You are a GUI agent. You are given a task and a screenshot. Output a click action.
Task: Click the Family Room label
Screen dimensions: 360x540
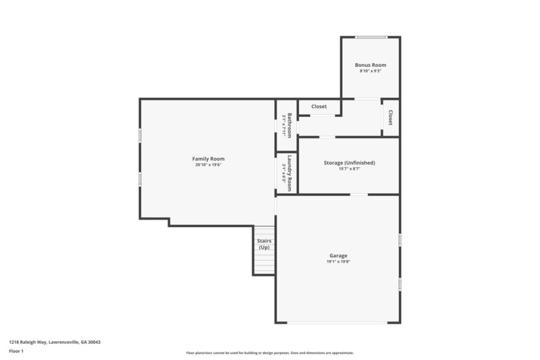click(209, 159)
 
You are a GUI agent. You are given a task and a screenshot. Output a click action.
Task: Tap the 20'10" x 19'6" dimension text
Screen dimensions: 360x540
click(209, 165)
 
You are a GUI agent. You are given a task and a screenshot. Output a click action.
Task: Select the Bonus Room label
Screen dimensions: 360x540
click(371, 65)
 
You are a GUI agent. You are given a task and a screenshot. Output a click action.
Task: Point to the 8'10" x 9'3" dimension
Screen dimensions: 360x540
click(371, 71)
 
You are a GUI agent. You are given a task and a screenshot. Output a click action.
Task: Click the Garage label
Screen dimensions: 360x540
click(338, 255)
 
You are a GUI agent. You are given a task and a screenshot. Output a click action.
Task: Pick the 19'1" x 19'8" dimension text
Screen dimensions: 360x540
click(338, 261)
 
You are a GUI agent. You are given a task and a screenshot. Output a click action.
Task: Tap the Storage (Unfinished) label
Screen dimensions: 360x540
click(349, 163)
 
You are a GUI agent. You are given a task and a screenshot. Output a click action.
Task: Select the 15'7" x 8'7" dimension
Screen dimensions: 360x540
click(349, 169)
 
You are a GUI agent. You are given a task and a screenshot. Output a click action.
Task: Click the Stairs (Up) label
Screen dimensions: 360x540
click(263, 244)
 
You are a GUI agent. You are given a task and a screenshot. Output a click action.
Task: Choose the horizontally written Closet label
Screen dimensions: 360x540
click(319, 107)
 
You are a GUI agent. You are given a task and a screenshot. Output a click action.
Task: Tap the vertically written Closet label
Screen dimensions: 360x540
click(390, 118)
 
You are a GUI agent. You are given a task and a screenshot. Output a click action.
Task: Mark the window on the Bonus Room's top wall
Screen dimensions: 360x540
click(371, 37)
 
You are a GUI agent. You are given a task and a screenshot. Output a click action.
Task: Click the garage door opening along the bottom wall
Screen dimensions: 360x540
click(337, 323)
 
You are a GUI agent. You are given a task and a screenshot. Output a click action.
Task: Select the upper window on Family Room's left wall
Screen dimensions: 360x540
click(140, 135)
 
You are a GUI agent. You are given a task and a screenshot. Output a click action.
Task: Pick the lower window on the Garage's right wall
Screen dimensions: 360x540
click(400, 284)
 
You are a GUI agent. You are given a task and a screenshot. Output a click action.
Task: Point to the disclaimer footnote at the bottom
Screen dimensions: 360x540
click(270, 353)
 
